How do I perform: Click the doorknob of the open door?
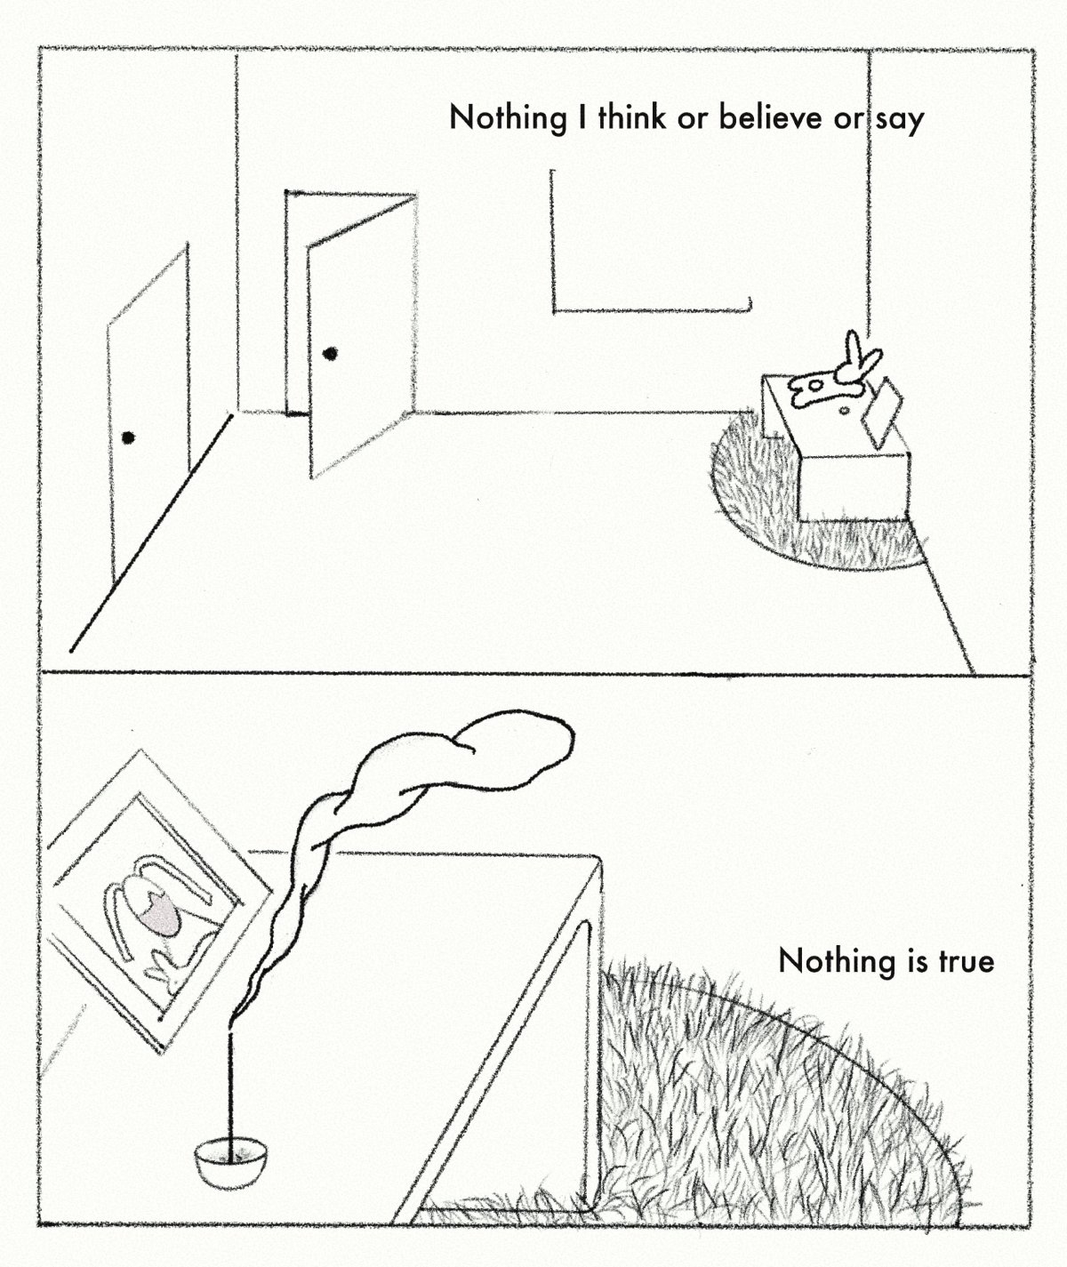331,354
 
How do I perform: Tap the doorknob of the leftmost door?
128,437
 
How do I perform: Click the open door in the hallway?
360,338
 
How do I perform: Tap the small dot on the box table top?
844,412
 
